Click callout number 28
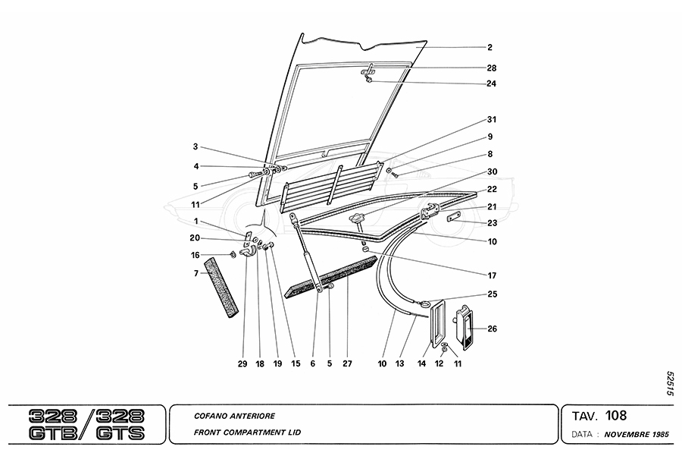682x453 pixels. tap(492, 68)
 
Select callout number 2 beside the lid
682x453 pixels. tap(490, 47)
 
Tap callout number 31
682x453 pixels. tap(492, 120)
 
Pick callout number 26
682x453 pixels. tap(492, 329)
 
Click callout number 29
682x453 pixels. tap(242, 364)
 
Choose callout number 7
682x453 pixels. tap(196, 273)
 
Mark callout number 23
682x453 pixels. tap(492, 222)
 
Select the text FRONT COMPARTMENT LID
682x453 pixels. tap(247, 433)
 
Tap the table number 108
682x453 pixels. tap(616, 415)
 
